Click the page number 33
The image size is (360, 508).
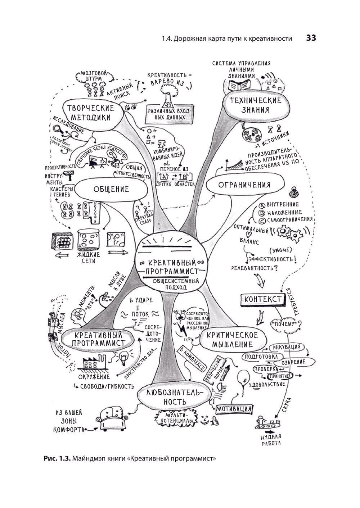pyautogui.click(x=311, y=38)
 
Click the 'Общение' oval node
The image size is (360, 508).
pyautogui.click(x=111, y=189)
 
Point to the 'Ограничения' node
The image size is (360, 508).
pyautogui.click(x=244, y=185)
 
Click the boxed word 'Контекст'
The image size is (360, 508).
pyautogui.click(x=262, y=299)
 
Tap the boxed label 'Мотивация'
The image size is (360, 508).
pyautogui.click(x=234, y=409)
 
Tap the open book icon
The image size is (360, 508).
pyautogui.click(x=240, y=86)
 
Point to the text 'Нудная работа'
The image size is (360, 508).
pyautogui.click(x=271, y=440)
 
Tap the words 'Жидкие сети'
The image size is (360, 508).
pyautogui.click(x=88, y=258)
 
